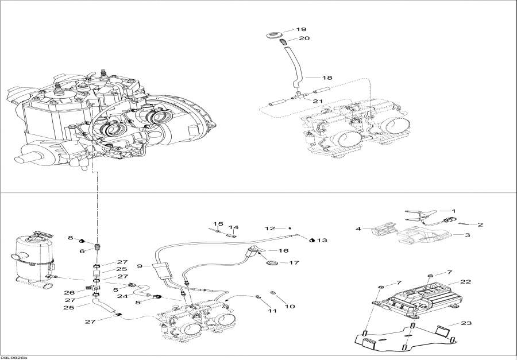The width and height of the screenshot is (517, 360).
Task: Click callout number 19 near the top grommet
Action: [302, 29]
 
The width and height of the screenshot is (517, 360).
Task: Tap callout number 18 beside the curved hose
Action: [327, 77]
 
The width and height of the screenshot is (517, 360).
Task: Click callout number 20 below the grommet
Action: [304, 38]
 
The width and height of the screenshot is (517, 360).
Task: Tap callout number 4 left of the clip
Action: [358, 229]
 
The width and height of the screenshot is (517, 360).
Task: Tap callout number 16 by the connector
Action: [283, 251]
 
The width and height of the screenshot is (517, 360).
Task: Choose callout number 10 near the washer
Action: [290, 307]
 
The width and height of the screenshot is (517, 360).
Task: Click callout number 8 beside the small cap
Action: [71, 238]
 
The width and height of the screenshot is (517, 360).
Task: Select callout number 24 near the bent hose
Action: [121, 296]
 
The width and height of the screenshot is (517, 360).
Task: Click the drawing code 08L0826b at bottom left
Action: [14, 357]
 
